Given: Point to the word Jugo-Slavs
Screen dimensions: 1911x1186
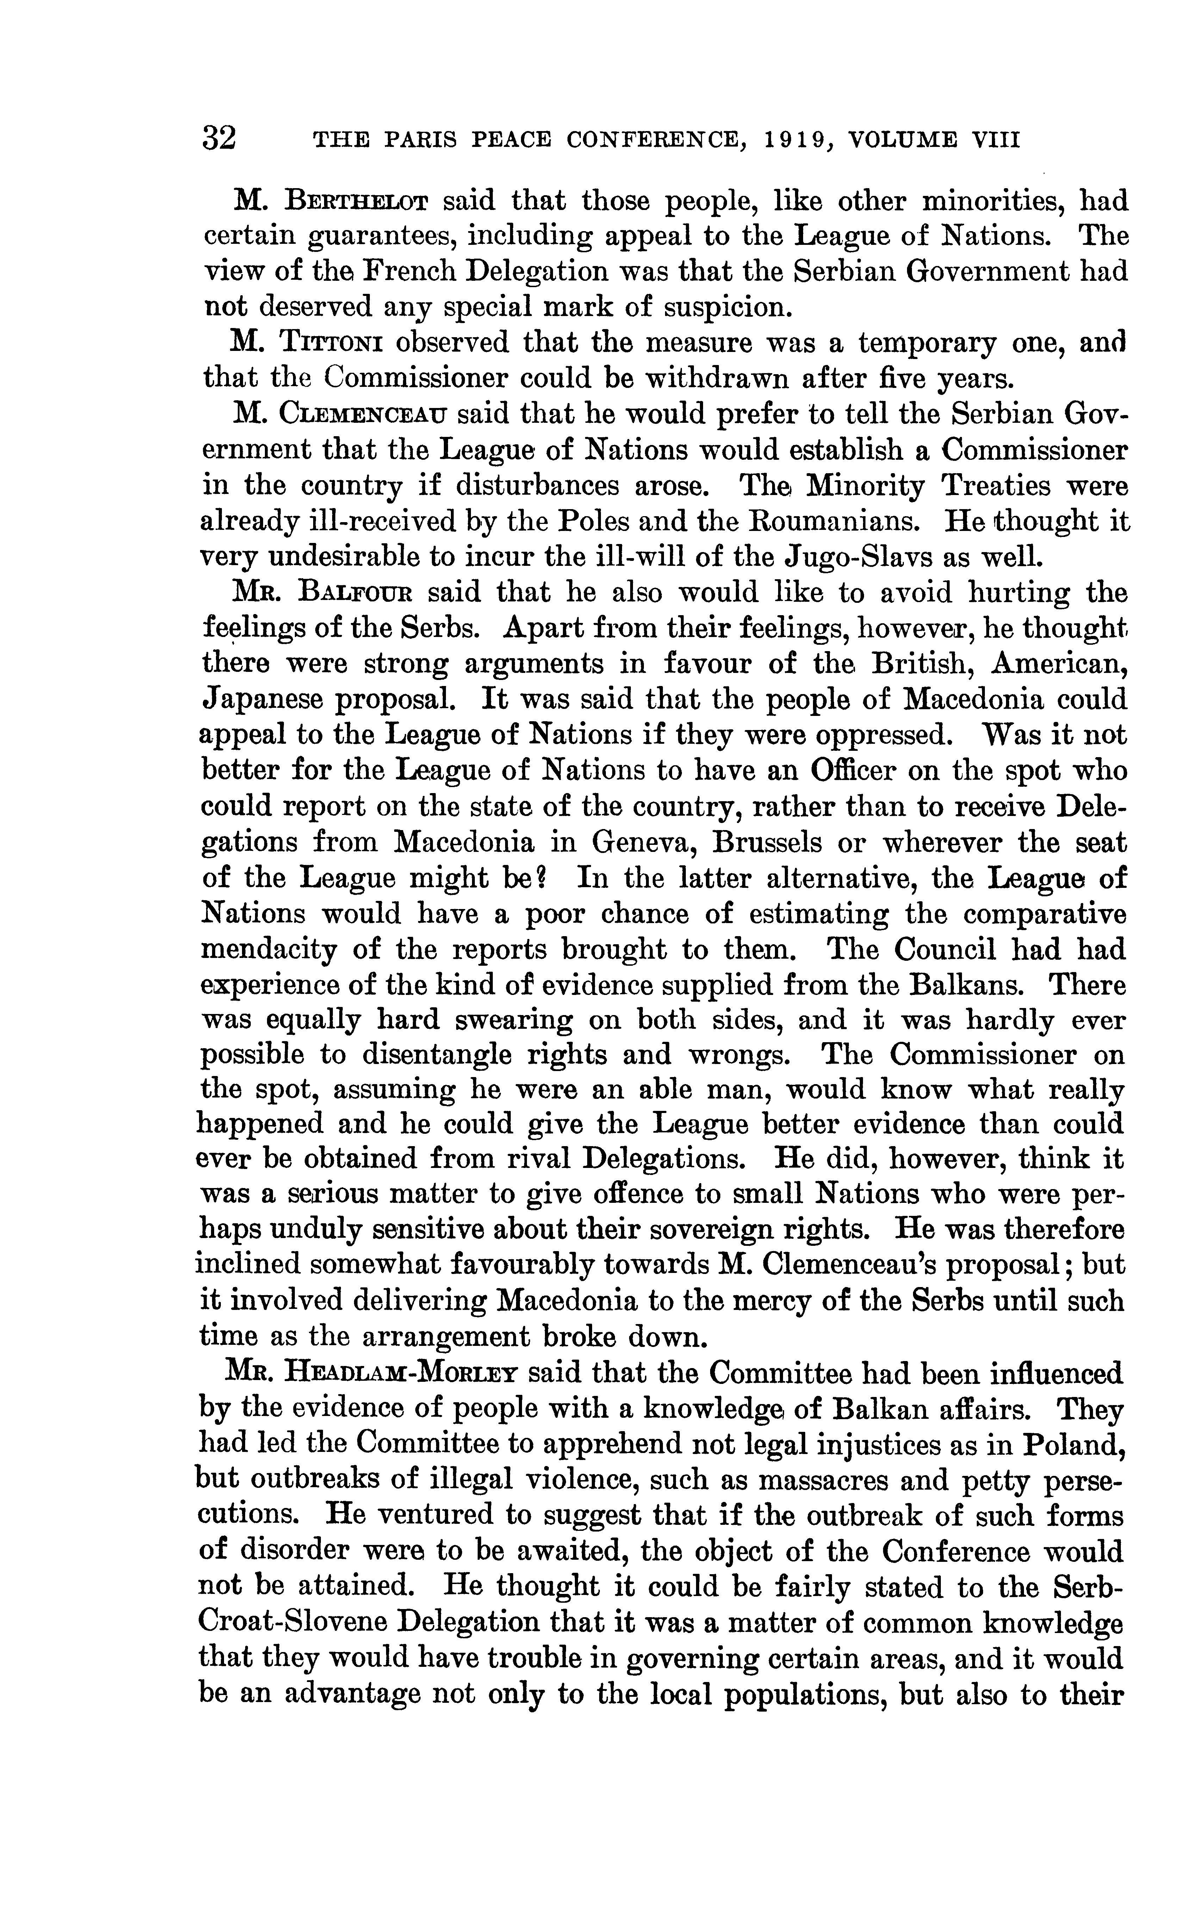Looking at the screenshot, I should (x=857, y=557).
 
